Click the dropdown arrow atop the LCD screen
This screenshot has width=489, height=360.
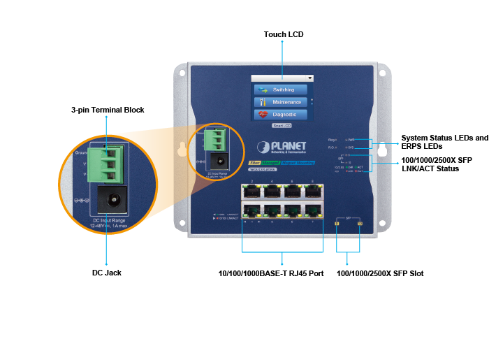309,78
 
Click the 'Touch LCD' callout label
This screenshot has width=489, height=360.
283,34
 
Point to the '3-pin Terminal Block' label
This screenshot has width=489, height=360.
107,110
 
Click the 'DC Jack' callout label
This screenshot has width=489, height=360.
107,273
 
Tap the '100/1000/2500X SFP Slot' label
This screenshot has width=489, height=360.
380,273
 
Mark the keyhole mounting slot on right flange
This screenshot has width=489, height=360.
382,150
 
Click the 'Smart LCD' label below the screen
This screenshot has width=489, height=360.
282,127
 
